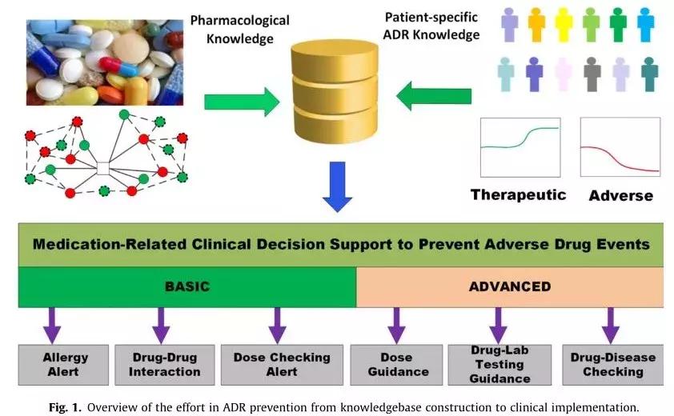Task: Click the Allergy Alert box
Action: tap(66, 364)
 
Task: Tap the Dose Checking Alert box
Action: tap(281, 364)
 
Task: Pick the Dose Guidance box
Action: tap(396, 364)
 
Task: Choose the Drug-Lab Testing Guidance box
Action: tap(500, 364)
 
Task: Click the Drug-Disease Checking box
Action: tap(613, 364)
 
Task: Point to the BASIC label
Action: tap(187, 286)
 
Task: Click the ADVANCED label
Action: tap(509, 286)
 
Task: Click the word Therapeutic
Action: tap(518, 194)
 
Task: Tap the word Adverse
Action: tap(620, 195)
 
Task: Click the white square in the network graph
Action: tap(102, 167)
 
